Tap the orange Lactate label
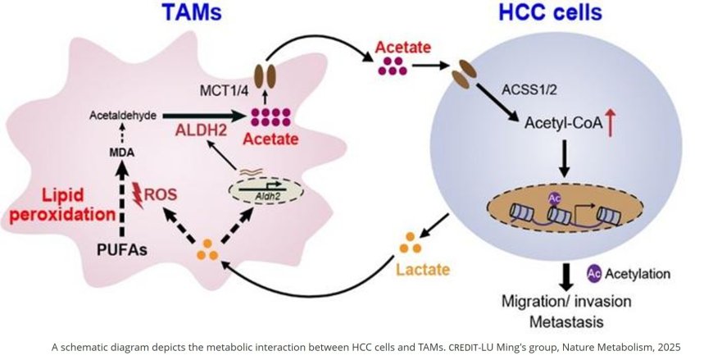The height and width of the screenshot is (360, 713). [418, 267]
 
